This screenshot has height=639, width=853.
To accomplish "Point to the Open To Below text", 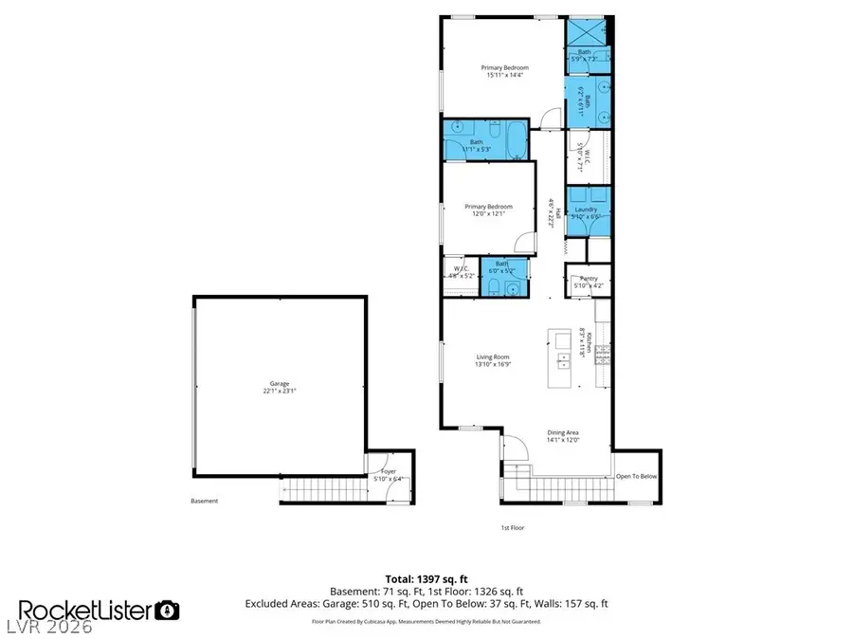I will tap(636, 477).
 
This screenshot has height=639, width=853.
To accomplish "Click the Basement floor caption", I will tap(205, 502).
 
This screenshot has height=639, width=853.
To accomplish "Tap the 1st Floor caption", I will tap(513, 527).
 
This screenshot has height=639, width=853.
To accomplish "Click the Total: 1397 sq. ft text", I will tap(426, 577).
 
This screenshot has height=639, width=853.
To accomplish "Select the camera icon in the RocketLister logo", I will tap(168, 610).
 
